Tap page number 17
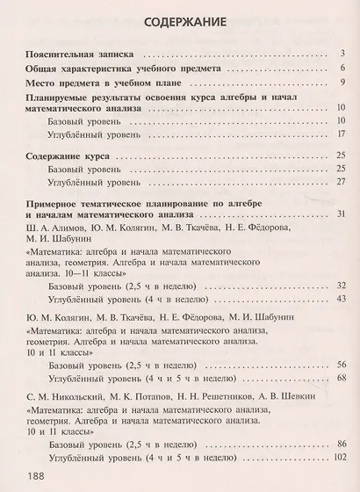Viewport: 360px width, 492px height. (338, 134)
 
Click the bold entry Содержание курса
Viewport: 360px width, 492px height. (67, 154)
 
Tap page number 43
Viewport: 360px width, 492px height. (338, 300)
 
